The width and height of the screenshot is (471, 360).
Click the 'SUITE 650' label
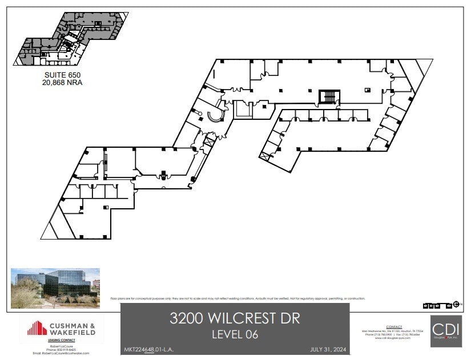pos(63,75)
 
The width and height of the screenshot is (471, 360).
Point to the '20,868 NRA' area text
pos(63,82)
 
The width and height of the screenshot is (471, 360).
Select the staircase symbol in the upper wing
pos(329,97)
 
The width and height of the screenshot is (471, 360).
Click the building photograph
pos(55,288)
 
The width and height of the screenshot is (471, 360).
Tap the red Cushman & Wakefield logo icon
pos(37,328)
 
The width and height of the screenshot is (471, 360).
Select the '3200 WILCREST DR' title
pos(235,318)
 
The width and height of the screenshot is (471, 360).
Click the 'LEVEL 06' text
pos(235,334)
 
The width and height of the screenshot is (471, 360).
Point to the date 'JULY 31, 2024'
pos(329,349)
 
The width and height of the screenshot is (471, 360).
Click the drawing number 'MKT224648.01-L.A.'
pos(147,349)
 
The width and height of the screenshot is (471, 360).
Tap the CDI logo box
pos(446,331)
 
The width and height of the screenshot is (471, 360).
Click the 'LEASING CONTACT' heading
pos(62,341)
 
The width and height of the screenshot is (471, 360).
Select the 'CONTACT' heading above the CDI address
pos(394,327)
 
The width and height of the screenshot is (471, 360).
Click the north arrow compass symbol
pos(456,305)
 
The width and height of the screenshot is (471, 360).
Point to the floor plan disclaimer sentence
pos(237,298)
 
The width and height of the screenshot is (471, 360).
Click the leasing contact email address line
pos(62,353)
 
